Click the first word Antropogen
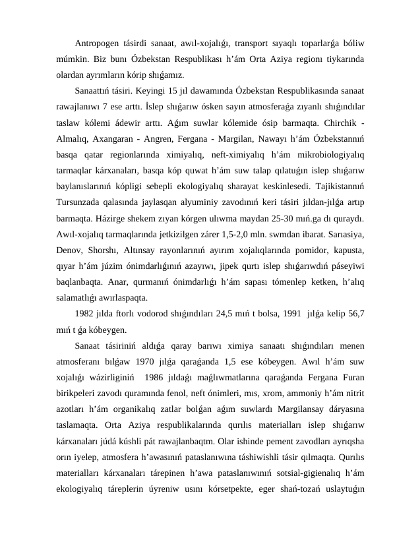click(97, 44)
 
